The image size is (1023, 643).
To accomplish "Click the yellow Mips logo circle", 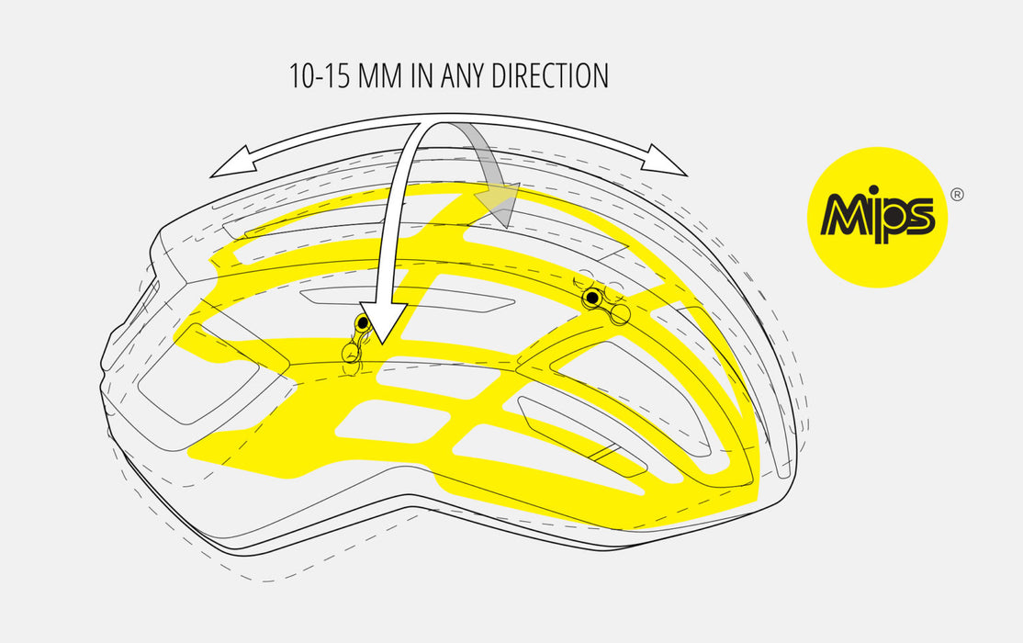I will click(877, 217).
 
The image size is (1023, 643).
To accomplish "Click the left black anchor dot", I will click(363, 323).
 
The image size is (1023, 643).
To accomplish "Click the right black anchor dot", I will click(592, 298).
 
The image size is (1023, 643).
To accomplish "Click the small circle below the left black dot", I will click(350, 352).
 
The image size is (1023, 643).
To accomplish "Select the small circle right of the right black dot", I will click(621, 314).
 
